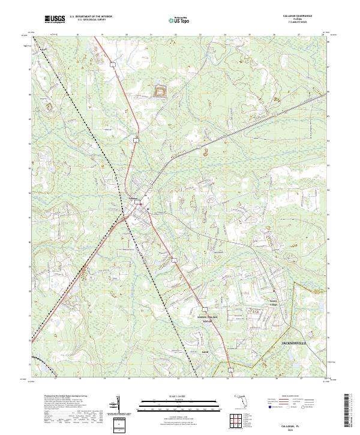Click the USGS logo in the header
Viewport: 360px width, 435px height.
point(55,19)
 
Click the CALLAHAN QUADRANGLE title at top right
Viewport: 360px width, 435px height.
point(298,17)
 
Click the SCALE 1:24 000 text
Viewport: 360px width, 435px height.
point(179,395)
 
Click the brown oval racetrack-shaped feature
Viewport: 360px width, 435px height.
point(161,91)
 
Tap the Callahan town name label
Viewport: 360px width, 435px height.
point(134,199)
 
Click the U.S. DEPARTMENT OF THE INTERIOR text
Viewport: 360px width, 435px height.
point(90,16)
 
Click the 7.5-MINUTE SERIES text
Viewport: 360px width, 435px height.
point(298,24)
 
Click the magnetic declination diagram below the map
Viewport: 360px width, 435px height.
point(118,403)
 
